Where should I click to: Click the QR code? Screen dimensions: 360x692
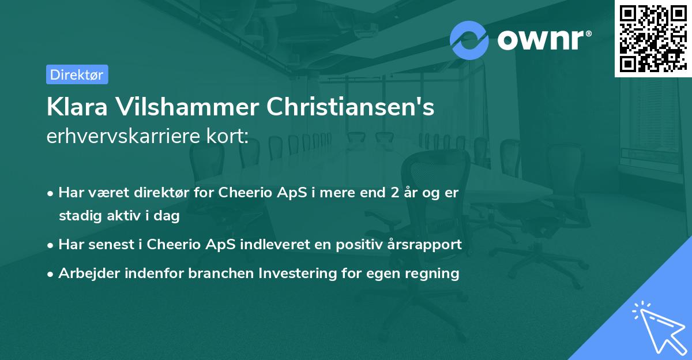point(653,38)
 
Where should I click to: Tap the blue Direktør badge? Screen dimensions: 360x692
point(77,74)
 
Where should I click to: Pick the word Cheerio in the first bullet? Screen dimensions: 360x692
point(242,193)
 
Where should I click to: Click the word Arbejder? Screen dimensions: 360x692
point(85,273)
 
